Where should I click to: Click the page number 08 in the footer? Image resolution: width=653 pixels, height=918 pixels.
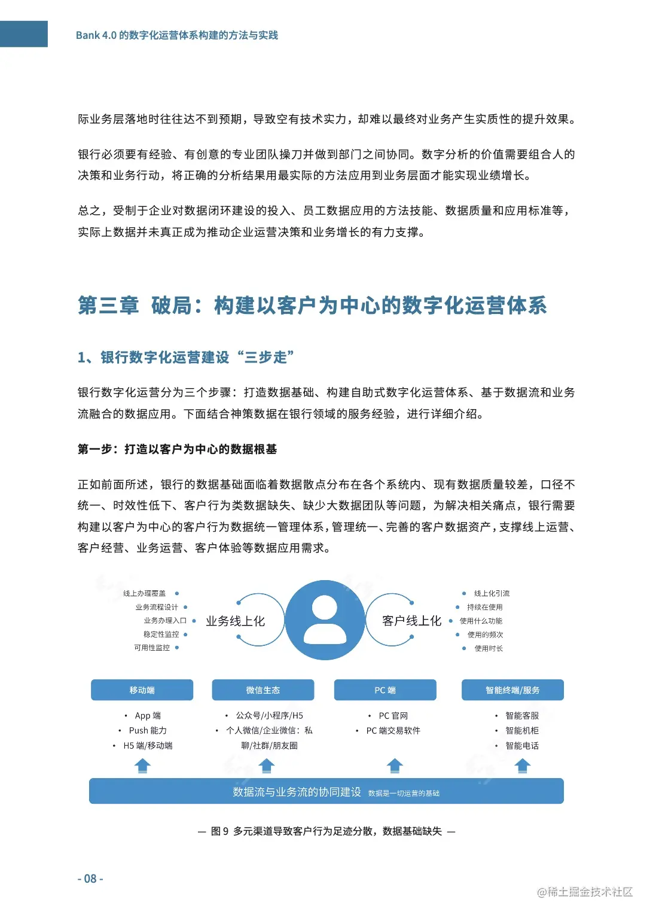[90, 879]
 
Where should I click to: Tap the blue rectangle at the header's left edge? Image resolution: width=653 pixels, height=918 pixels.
[23, 34]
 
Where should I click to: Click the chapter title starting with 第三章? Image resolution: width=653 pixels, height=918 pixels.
[312, 306]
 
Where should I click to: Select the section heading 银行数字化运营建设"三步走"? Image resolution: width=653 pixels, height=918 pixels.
[185, 358]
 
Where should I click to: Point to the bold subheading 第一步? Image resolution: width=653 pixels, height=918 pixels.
[177, 449]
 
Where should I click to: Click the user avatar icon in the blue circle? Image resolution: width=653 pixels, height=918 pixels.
[325, 620]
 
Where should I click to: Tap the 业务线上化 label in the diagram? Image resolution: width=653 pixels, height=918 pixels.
[235, 621]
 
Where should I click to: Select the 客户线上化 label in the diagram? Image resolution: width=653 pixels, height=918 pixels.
[411, 621]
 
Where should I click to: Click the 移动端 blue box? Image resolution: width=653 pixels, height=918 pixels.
[142, 690]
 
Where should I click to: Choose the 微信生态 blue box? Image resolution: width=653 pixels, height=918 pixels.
[263, 690]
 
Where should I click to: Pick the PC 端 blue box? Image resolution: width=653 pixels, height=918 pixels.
[385, 690]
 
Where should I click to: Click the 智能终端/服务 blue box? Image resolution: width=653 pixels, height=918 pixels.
[512, 690]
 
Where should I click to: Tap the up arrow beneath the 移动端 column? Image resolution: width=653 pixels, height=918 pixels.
[142, 765]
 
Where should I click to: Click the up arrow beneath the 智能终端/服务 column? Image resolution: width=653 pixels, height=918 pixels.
[523, 765]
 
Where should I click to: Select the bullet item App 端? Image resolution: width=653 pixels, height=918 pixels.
[148, 716]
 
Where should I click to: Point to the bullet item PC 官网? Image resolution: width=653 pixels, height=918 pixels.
[393, 716]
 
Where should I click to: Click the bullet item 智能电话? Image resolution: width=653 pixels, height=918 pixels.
[521, 746]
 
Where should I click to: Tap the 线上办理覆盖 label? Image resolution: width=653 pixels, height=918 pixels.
[145, 593]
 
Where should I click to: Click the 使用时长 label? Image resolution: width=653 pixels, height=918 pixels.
[489, 648]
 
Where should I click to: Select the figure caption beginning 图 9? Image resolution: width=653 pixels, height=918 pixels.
[326, 831]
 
